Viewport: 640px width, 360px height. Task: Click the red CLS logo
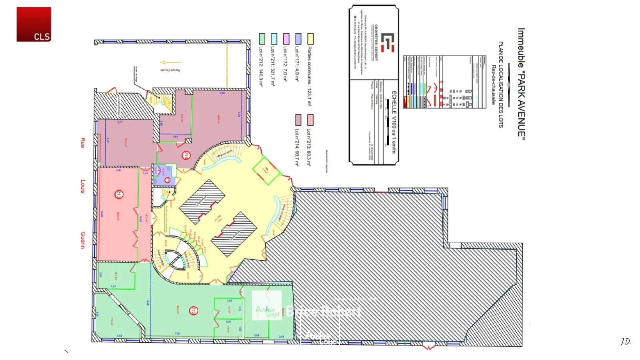point(34,24)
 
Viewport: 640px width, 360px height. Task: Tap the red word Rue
point(83,143)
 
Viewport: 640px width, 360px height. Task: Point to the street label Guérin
point(83,240)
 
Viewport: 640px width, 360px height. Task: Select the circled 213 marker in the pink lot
point(119,195)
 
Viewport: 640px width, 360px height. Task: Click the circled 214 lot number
point(186,155)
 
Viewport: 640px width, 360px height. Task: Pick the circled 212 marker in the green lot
point(194,310)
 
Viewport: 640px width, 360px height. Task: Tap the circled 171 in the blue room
point(168,180)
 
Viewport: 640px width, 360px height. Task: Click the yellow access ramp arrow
point(170,62)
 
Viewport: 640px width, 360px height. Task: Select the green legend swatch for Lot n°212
point(262,39)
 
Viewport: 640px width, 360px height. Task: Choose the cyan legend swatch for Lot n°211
point(274,39)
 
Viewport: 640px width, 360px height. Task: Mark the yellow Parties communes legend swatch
point(310,39)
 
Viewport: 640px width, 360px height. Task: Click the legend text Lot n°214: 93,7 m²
point(297,147)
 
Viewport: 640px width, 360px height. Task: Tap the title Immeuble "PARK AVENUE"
point(521,84)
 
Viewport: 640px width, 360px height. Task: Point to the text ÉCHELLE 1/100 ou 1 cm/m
point(394,122)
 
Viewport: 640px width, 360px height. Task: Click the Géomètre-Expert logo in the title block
point(387,42)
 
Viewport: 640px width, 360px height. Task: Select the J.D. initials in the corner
point(626,341)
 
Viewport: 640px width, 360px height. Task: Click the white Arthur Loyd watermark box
point(266,305)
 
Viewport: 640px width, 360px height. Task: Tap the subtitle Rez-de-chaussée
point(494,85)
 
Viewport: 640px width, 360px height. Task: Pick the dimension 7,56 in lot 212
point(178,334)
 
